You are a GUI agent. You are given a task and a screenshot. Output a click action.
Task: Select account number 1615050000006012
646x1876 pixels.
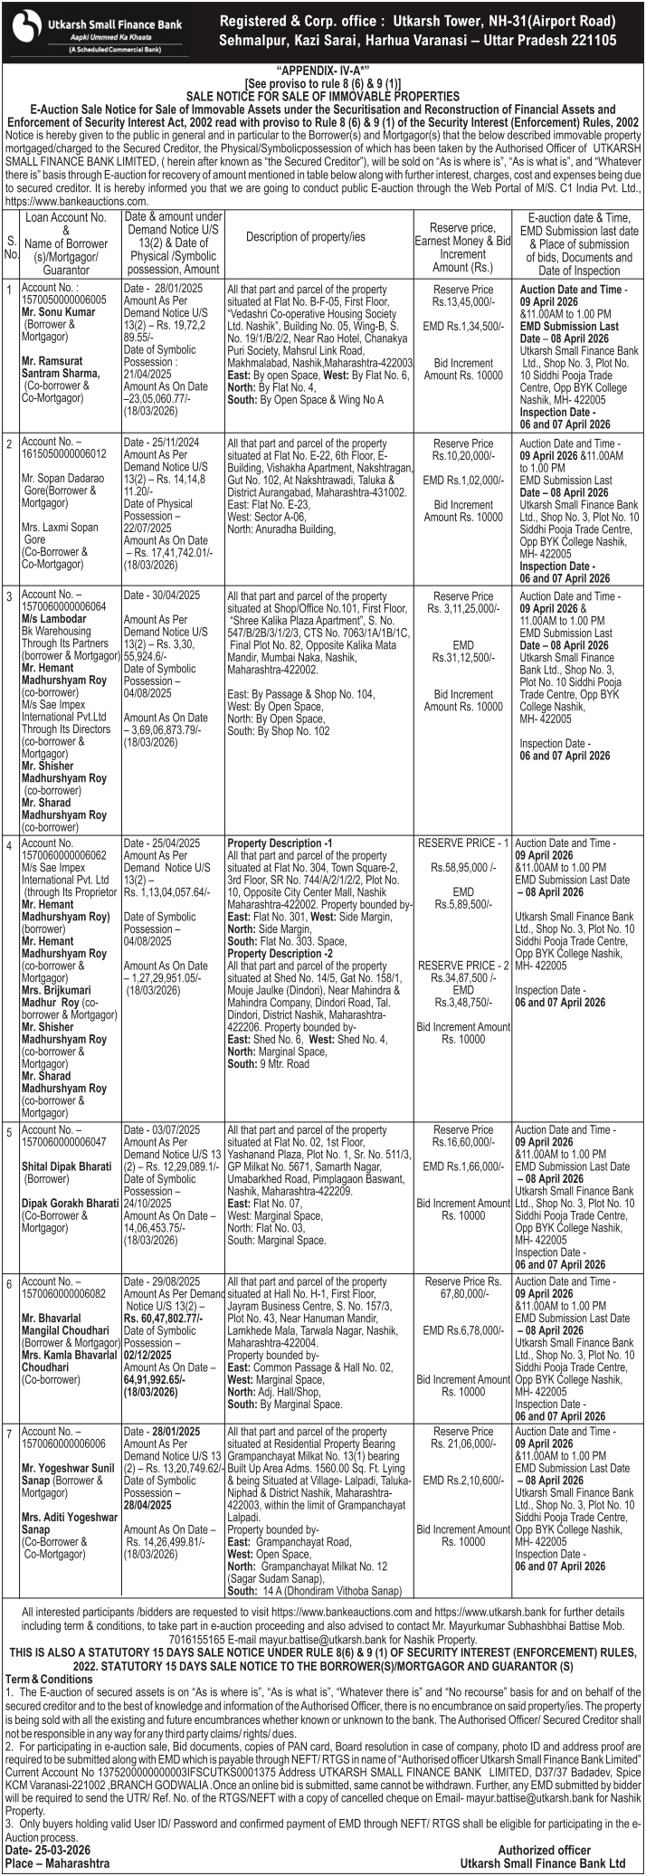63,453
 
